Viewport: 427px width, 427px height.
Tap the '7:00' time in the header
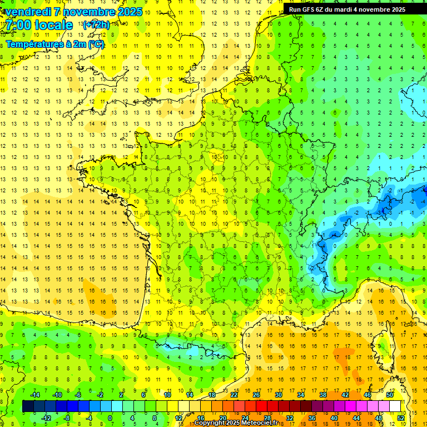coord(17,25)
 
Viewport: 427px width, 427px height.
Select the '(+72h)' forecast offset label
coord(96,25)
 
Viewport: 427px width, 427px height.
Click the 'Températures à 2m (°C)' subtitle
coord(54,44)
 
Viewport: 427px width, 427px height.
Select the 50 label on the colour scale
coord(390,395)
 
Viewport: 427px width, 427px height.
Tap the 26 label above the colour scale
coord(256,395)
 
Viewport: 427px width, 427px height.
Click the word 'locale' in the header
coord(53,25)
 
